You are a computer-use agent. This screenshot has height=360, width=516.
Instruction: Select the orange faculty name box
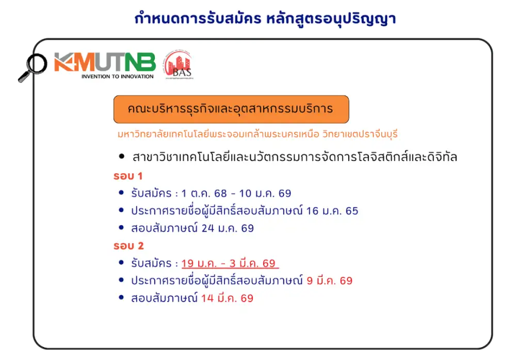231,109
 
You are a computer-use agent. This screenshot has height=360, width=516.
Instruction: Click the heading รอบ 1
128,176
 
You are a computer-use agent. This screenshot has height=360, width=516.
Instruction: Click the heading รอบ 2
128,246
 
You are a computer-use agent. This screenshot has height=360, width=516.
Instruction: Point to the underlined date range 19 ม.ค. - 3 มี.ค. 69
229,264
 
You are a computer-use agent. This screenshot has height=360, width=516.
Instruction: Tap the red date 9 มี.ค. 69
329,281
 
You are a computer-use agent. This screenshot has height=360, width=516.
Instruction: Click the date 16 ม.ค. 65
332,210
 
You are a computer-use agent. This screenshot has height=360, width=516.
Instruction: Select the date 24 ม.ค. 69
228,228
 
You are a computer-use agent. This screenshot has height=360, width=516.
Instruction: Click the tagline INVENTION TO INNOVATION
117,76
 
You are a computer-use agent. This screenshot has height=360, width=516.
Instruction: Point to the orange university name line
258,134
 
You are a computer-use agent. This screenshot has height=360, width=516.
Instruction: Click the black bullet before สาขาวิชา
122,156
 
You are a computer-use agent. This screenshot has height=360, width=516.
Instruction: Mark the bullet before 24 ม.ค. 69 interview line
121,228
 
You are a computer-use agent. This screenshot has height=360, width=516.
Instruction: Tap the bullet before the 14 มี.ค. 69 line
121,298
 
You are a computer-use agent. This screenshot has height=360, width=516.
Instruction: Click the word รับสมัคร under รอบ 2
151,264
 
